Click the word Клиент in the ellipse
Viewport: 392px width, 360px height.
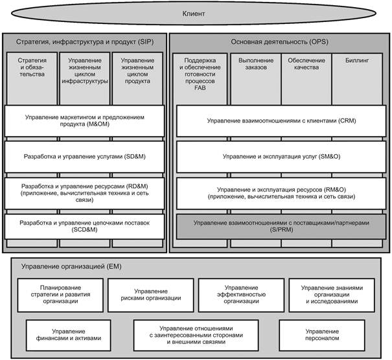pyautogui.click(x=194, y=14)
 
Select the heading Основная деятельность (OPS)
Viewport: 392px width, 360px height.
pyautogui.click(x=279, y=41)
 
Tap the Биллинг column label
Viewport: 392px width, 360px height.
pyautogui.click(x=357, y=60)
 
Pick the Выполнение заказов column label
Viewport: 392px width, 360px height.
pyautogui.click(x=256, y=63)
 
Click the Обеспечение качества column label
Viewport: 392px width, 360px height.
pyautogui.click(x=306, y=63)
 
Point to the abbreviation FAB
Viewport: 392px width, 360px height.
pyautogui.click(x=200, y=87)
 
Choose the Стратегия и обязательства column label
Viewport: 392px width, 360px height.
pyautogui.click(x=32, y=67)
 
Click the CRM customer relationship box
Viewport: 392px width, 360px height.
pyautogui.click(x=281, y=121)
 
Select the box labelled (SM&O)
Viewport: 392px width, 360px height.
pyautogui.click(x=281, y=157)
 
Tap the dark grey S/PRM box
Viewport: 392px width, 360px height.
pyautogui.click(x=281, y=227)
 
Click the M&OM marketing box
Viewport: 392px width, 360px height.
pyautogui.click(x=84, y=121)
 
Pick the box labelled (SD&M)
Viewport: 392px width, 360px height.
pyautogui.click(x=84, y=157)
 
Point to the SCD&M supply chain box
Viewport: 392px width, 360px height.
pyautogui.click(x=84, y=227)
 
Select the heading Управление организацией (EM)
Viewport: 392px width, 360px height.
pyautogui.click(x=71, y=267)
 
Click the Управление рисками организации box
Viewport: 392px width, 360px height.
pyautogui.click(x=151, y=295)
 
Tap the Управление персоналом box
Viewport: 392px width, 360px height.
pyautogui.click(x=322, y=335)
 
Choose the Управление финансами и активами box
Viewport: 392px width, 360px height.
pyautogui.click(x=69, y=335)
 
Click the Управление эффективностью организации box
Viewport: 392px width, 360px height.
pyautogui.click(x=241, y=295)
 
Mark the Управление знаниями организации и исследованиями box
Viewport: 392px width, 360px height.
pyautogui.click(x=332, y=295)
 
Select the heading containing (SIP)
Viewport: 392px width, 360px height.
pyautogui.click(x=85, y=41)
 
